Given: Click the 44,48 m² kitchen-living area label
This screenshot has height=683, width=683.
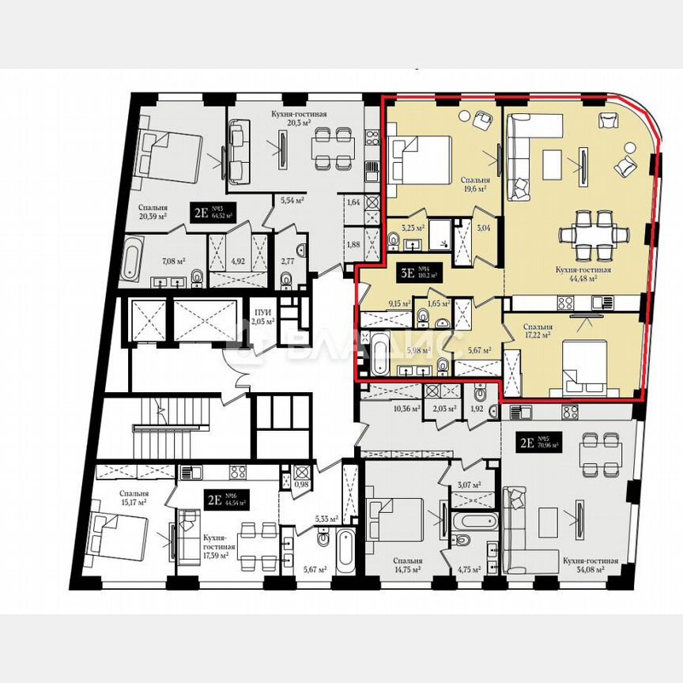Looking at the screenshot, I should coord(575,274).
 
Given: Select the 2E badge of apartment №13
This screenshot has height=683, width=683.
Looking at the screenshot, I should coord(199,211).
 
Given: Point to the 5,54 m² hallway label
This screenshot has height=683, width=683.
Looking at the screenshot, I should coord(292,202).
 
